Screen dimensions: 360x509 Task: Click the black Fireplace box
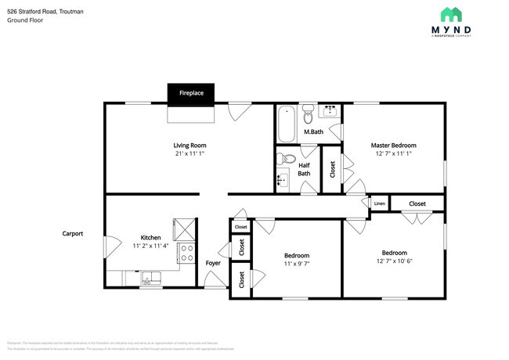191,93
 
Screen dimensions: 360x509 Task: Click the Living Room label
190,146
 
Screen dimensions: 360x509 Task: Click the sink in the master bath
330,112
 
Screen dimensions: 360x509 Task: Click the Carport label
73,233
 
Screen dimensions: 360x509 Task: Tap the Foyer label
213,263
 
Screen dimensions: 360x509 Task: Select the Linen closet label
379,203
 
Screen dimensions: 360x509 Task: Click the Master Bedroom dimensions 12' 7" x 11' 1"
393,153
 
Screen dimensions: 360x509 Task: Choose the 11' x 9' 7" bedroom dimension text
296,265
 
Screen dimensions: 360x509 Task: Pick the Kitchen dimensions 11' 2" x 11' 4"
151,246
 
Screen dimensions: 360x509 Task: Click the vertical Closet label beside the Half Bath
333,168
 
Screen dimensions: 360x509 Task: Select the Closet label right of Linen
417,203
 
